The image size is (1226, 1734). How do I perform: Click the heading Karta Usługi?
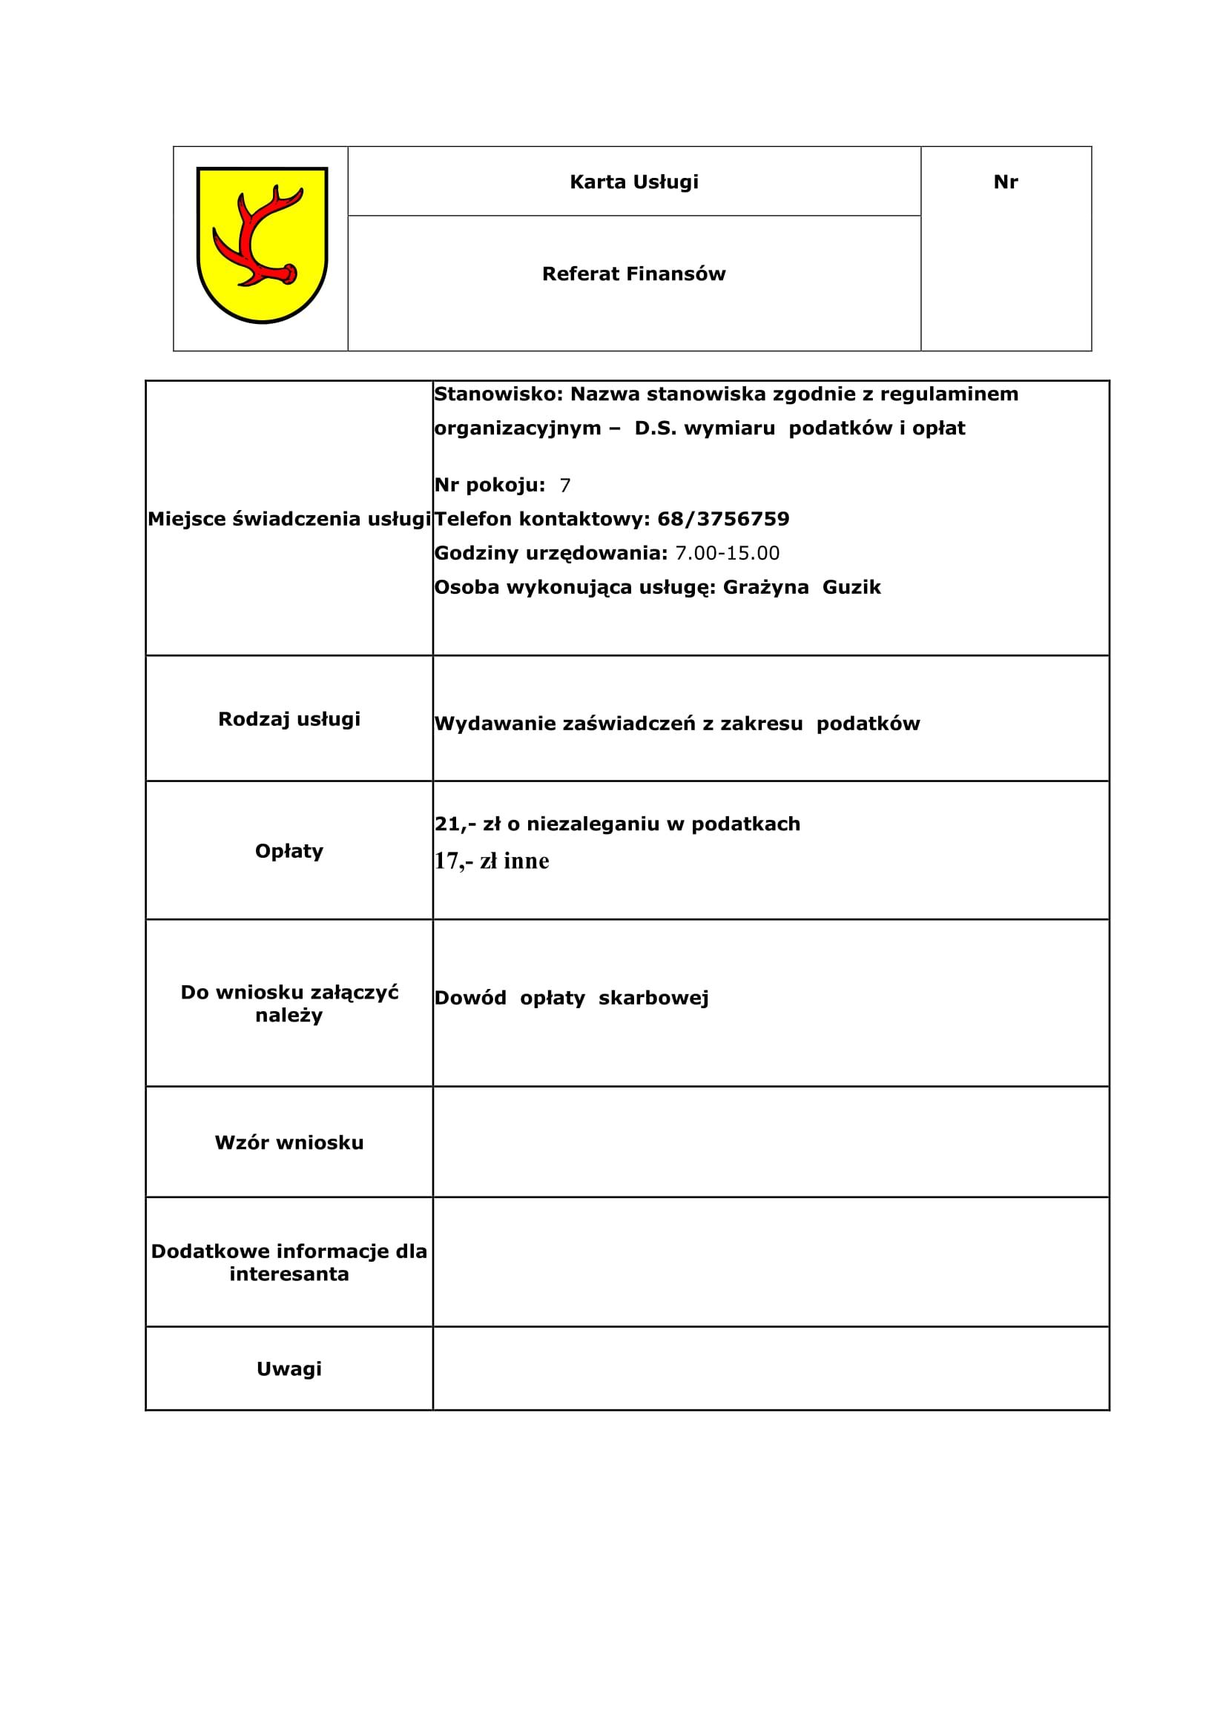634,182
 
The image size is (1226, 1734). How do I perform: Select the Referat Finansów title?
634,274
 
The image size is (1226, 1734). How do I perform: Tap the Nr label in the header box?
1006,182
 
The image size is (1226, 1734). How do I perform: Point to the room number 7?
565,486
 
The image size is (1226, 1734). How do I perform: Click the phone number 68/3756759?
723,520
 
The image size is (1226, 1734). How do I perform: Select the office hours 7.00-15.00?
727,554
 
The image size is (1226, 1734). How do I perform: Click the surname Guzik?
851,588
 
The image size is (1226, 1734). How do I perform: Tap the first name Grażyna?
765,588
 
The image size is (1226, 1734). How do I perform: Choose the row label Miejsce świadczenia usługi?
289,520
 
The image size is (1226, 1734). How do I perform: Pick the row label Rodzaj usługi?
289,719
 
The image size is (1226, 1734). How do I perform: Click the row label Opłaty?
289,851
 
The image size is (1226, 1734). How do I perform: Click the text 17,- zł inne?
492,861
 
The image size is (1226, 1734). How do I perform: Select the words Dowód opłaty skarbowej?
571,999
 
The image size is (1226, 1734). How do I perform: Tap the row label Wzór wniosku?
289,1142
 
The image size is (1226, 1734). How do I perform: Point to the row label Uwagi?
289,1369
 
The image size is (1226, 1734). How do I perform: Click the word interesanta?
289,1275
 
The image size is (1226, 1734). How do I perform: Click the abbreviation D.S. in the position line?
656,428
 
